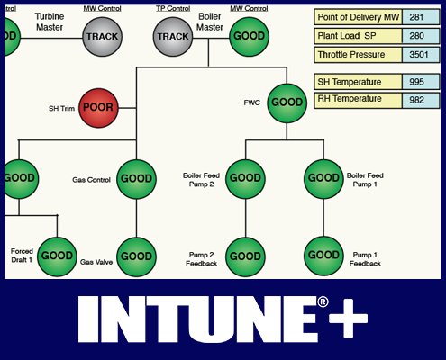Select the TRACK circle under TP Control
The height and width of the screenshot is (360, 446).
click(172, 36)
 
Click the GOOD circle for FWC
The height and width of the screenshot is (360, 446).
click(287, 103)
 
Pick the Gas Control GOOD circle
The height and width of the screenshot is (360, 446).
click(136, 179)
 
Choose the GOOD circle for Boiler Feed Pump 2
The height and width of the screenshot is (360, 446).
click(245, 178)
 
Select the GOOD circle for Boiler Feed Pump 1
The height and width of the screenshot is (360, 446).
click(323, 178)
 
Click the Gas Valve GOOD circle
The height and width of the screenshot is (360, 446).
click(136, 256)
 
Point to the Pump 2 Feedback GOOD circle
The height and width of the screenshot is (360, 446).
click(245, 256)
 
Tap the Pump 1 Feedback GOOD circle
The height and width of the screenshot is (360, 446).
click(323, 256)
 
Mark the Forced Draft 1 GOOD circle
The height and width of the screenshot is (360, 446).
click(57, 256)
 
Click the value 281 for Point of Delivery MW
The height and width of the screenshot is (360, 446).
click(421, 16)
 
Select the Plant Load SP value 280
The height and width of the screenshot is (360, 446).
click(421, 35)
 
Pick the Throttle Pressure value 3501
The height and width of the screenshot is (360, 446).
click(421, 54)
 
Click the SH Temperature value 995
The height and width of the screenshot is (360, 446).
click(421, 82)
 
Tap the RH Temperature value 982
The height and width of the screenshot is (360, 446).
click(421, 100)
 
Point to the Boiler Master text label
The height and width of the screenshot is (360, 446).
click(209, 22)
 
